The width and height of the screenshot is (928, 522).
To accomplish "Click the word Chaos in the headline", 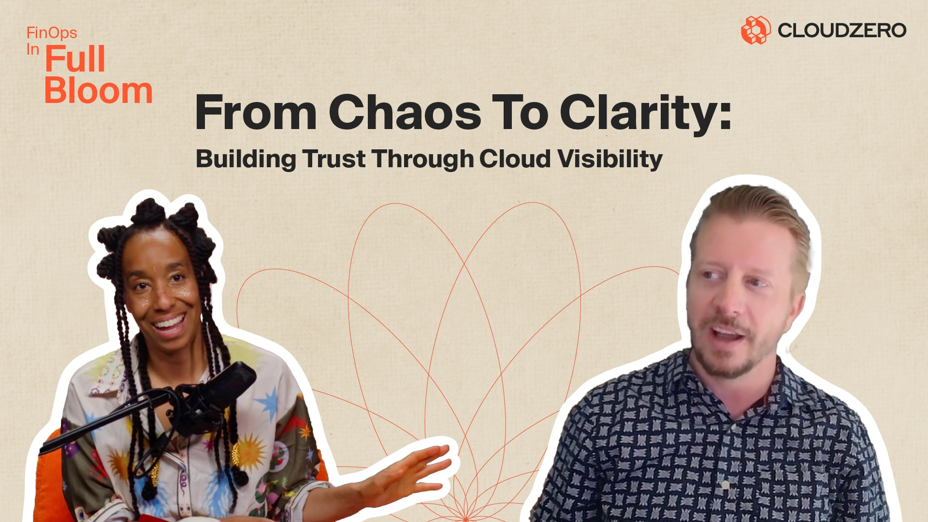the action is [x=405, y=112].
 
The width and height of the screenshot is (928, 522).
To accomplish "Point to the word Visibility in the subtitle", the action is [x=610, y=159].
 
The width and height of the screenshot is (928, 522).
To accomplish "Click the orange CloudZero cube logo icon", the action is [x=755, y=30].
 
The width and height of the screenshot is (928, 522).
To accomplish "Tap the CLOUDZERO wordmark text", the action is [x=841, y=30].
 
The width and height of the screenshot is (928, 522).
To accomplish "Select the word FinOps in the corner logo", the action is [x=52, y=33].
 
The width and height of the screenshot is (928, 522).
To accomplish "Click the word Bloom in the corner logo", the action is [x=99, y=90].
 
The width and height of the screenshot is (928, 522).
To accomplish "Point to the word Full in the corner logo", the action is [x=75, y=59].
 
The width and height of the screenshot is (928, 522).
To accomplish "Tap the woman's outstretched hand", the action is [x=411, y=471].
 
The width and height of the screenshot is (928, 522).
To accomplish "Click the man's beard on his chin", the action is [x=730, y=362].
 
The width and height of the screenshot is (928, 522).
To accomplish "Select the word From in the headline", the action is [x=256, y=112].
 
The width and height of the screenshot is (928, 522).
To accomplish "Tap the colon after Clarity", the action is [x=725, y=117].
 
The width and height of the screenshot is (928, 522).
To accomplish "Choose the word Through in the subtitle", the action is [x=422, y=159].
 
